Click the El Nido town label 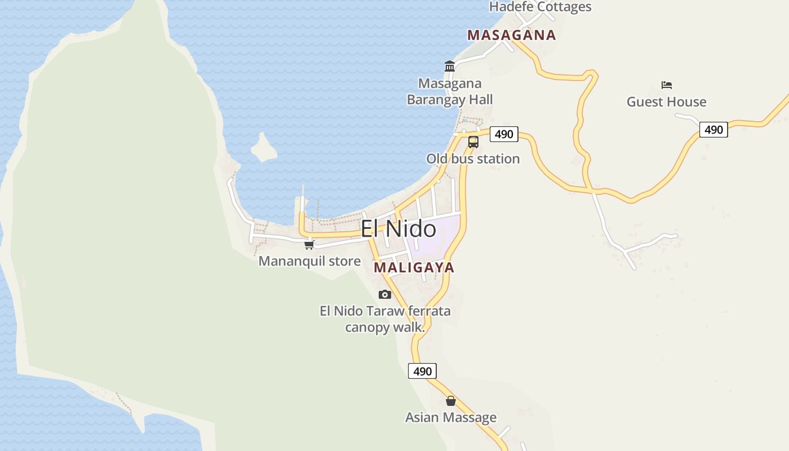tap(398, 229)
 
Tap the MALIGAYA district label tap(414, 267)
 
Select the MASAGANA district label tap(511, 35)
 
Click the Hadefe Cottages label tap(540, 7)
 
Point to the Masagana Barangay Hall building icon tap(450, 67)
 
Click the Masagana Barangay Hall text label tap(450, 92)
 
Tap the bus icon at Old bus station tap(473, 142)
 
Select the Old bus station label tap(473, 159)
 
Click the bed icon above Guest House tap(667, 85)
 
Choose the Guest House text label tap(666, 102)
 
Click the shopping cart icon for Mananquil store tap(309, 245)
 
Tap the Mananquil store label tap(309, 262)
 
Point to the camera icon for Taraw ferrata tap(385, 294)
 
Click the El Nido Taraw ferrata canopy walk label tap(385, 319)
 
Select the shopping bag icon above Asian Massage tap(451, 401)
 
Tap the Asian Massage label tap(451, 418)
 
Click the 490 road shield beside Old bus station tap(504, 134)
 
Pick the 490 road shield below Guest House tap(713, 130)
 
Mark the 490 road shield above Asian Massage tap(422, 371)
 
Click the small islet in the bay tap(263, 148)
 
